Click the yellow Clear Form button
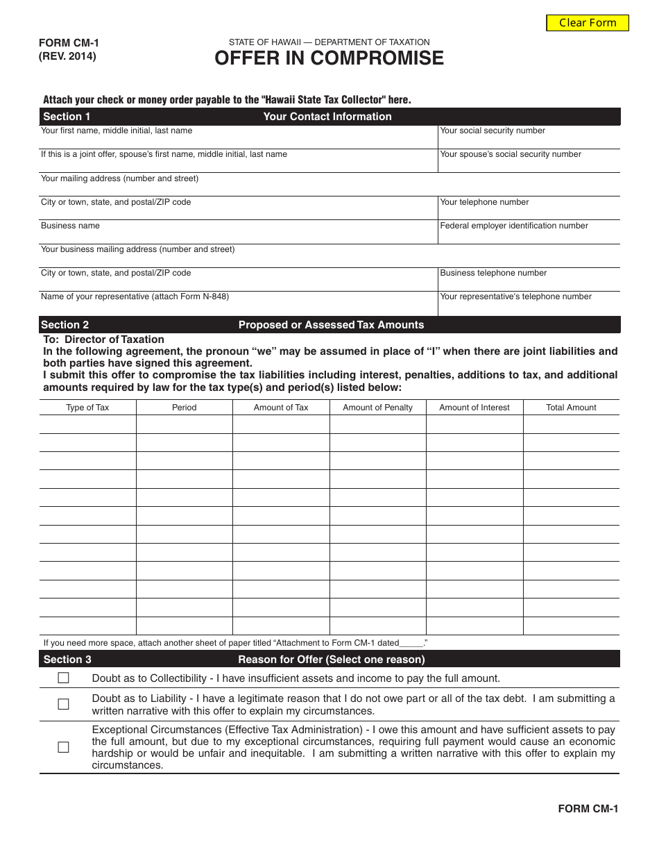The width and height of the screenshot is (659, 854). (588, 23)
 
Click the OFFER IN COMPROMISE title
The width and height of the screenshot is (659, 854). (329, 59)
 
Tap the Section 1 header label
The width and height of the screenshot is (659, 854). (67, 117)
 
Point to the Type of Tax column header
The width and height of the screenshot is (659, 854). (87, 408)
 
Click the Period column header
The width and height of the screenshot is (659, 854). (184, 408)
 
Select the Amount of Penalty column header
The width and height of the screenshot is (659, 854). (377, 408)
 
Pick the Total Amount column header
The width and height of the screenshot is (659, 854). (571, 408)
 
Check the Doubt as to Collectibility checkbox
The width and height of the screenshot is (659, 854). (64, 678)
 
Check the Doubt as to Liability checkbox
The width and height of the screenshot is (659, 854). (64, 704)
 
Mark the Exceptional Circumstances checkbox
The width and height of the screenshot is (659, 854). (64, 747)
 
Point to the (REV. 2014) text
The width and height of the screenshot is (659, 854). (68, 57)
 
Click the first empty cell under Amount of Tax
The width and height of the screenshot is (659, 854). (281, 424)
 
